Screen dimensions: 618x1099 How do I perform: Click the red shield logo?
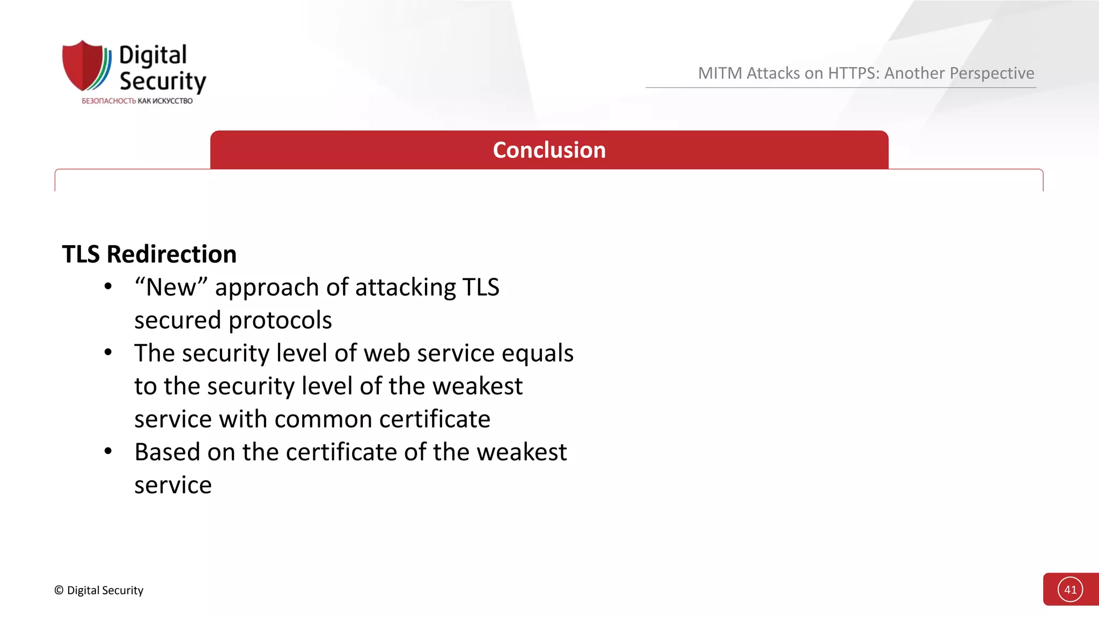tap(84, 65)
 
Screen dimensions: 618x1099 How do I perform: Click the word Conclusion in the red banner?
tap(549, 150)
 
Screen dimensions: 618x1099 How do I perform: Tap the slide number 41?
tap(1070, 590)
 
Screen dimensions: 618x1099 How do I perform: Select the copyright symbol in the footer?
tap(59, 590)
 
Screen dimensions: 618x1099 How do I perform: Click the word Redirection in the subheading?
tap(172, 254)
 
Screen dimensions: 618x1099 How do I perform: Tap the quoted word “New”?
tap(171, 288)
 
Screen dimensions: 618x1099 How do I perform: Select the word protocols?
tap(280, 320)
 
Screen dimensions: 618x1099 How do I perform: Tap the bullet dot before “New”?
tap(108, 286)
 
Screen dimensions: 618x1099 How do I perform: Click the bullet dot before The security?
tap(108, 352)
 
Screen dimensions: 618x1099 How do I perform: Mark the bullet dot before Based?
tap(108, 451)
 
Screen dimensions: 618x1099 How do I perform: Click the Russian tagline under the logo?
tap(137, 101)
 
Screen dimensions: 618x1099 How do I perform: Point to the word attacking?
tap(405, 288)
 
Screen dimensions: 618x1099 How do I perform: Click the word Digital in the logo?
tap(153, 56)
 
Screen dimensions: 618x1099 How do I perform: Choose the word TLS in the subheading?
tap(81, 254)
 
